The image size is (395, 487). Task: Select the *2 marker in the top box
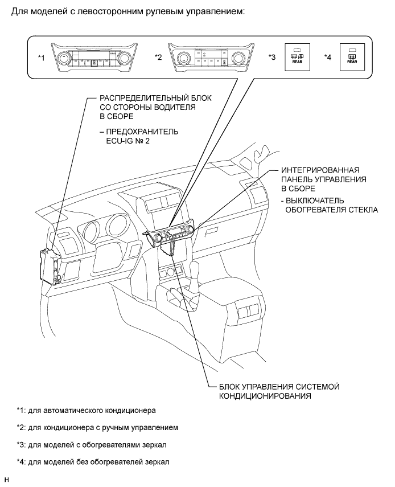159,58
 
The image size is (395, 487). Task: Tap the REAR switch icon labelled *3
297,57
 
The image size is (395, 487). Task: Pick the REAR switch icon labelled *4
351,57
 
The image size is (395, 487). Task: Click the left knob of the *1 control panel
64,58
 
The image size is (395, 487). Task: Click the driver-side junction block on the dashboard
50,265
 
